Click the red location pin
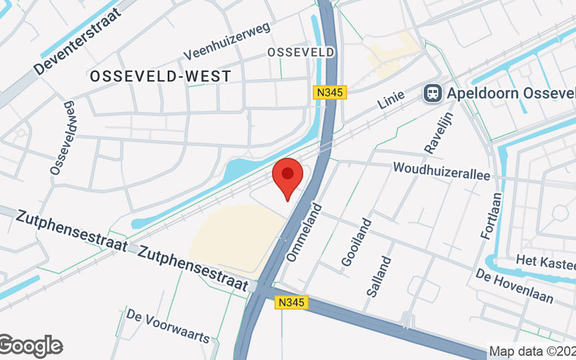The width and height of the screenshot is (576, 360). point(288,177)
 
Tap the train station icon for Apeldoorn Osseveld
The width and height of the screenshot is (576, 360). point(433,93)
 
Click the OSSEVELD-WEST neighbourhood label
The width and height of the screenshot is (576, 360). point(161,76)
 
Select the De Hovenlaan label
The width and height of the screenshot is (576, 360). point(514,287)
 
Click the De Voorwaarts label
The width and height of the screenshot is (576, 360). point(167,325)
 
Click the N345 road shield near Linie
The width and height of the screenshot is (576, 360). point(331,92)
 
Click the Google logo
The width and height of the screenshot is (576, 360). point(30,346)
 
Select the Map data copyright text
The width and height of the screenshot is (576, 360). point(531,351)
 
